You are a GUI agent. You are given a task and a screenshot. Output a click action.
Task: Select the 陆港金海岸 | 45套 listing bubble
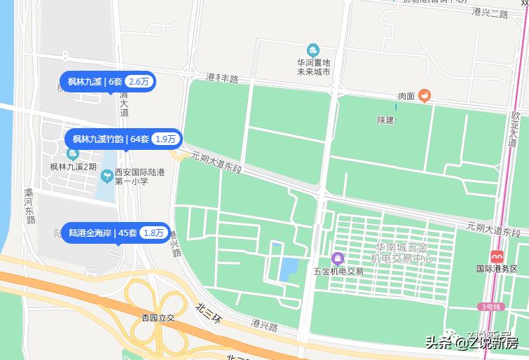(116, 233)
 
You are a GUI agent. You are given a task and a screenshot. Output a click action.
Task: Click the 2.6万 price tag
(140, 82)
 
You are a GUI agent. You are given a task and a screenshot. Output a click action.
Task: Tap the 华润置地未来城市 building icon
(312, 50)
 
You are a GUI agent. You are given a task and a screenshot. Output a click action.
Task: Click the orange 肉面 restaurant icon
(424, 97)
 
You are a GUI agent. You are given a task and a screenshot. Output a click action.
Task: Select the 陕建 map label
(385, 120)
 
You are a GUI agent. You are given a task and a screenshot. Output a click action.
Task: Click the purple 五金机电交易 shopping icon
(338, 258)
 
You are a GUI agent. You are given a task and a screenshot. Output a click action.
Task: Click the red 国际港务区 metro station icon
(497, 256)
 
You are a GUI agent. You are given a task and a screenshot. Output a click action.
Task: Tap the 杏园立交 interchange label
(157, 317)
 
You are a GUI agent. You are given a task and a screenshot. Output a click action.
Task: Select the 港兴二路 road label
(490, 13)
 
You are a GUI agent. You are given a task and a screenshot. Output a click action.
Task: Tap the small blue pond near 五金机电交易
(289, 268)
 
